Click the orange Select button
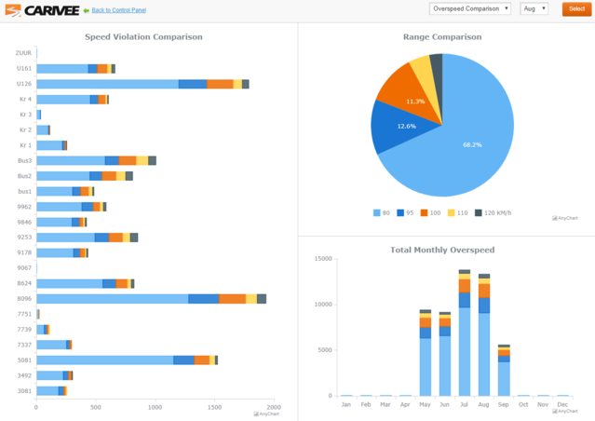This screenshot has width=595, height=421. (x=576, y=8)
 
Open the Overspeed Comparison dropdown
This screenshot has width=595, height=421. (x=470, y=8)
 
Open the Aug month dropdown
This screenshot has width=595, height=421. (x=533, y=8)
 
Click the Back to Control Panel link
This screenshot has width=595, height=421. (x=117, y=10)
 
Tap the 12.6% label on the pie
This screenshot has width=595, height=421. (x=406, y=126)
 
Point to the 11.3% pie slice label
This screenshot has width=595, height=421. (x=415, y=101)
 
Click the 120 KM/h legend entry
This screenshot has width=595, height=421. (x=494, y=212)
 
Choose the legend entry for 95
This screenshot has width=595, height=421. (x=406, y=212)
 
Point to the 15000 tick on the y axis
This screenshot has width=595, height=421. (x=323, y=258)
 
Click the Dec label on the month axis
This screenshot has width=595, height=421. (x=562, y=404)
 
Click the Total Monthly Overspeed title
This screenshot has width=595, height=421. (x=442, y=250)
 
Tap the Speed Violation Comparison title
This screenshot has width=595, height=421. (x=143, y=37)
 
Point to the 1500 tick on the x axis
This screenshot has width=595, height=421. (x=214, y=407)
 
